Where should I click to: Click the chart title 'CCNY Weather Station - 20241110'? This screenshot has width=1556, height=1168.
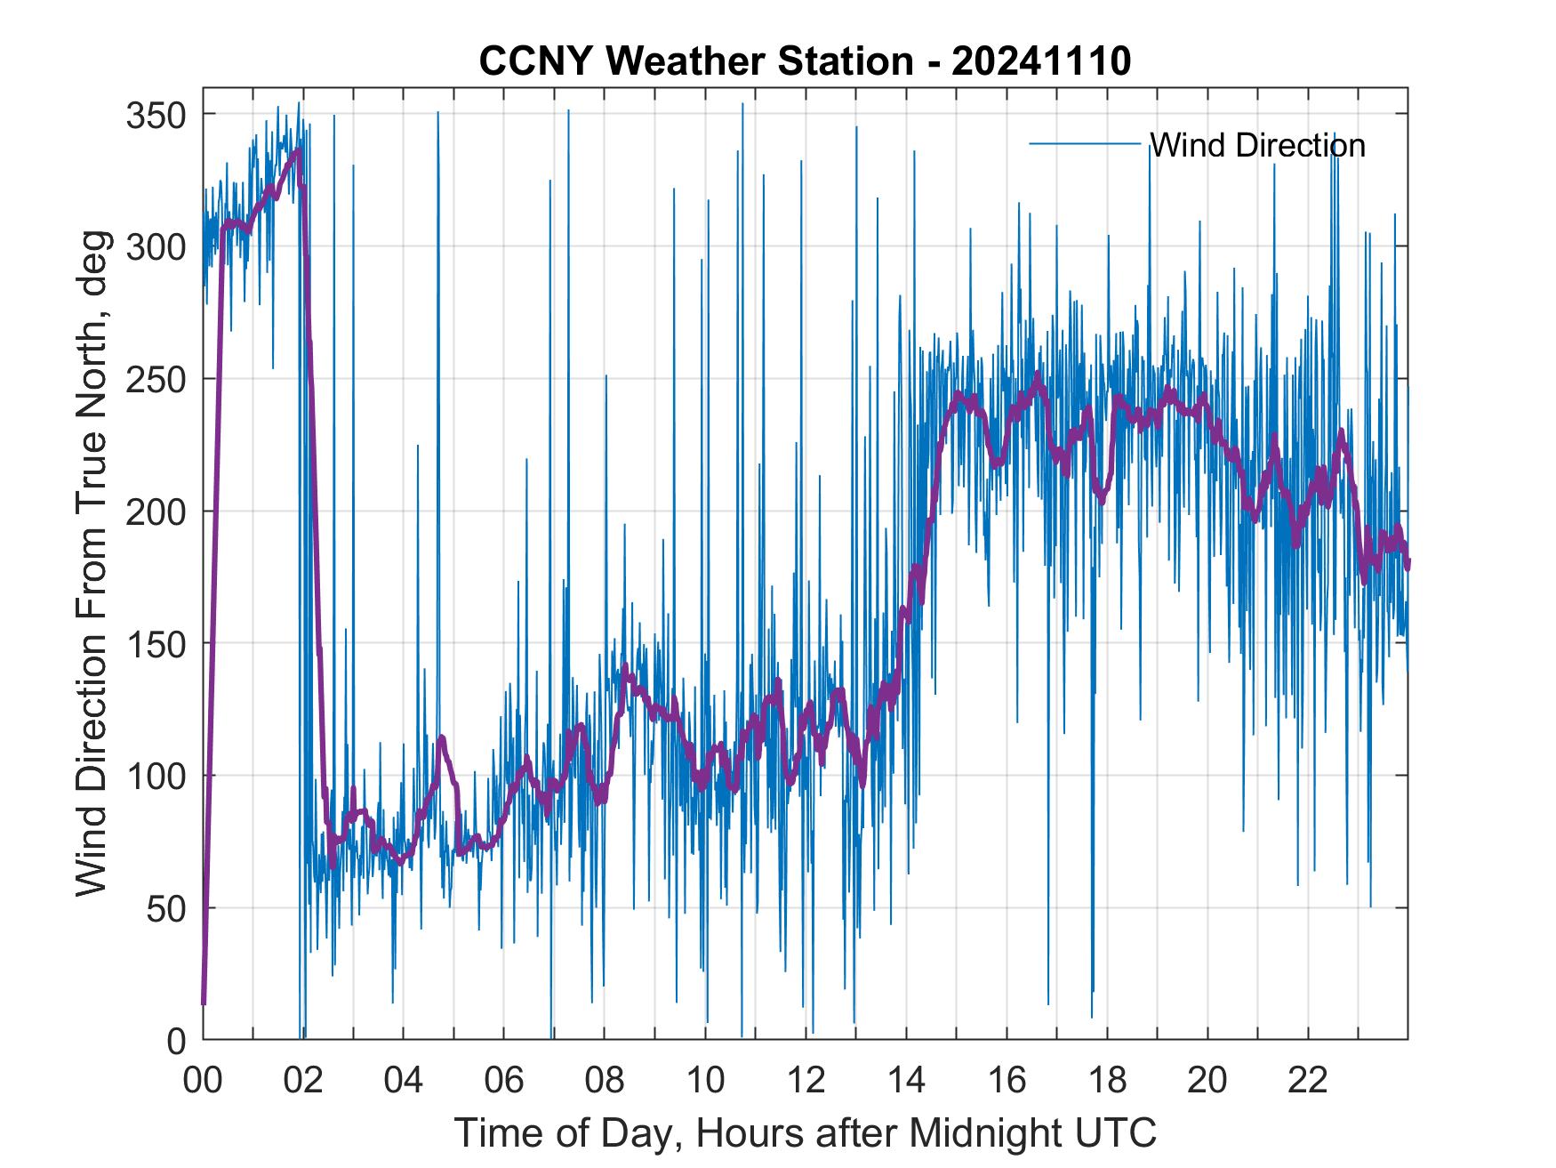click(x=805, y=61)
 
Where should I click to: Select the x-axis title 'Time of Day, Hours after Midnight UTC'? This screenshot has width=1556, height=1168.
click(x=806, y=1133)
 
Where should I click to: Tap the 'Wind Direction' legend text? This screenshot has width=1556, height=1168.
click(x=1257, y=145)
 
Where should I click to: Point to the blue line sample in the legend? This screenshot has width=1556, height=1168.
click(x=1085, y=144)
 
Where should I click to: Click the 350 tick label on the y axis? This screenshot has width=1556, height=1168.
click(x=156, y=115)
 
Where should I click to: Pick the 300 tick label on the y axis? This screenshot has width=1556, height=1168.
click(x=156, y=247)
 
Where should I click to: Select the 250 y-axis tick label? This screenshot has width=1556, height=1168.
click(x=156, y=380)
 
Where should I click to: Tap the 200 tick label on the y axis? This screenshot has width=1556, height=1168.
click(x=156, y=512)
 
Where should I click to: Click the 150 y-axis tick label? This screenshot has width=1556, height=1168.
click(x=156, y=644)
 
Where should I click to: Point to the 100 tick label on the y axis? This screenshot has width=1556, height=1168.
click(x=156, y=777)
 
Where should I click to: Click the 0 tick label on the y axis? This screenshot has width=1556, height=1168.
click(x=176, y=1040)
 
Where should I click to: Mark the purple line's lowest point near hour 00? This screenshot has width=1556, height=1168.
click(x=204, y=1003)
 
